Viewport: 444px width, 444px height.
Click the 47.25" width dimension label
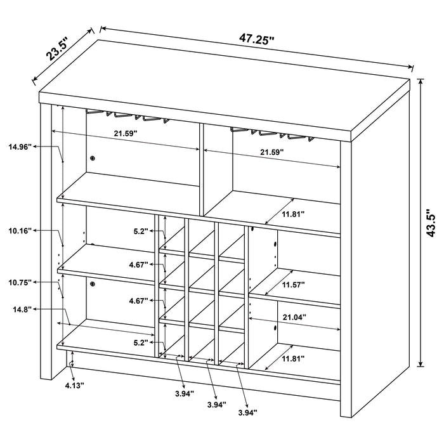click(x=256, y=39)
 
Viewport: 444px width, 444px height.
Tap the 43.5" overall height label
click(x=432, y=223)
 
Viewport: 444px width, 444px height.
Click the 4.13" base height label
click(x=73, y=384)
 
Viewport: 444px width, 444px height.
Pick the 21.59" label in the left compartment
click(x=126, y=134)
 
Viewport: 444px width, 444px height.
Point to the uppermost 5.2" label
click(x=141, y=232)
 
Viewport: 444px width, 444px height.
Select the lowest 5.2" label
click(x=141, y=343)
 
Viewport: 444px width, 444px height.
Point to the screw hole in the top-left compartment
click(x=93, y=158)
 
